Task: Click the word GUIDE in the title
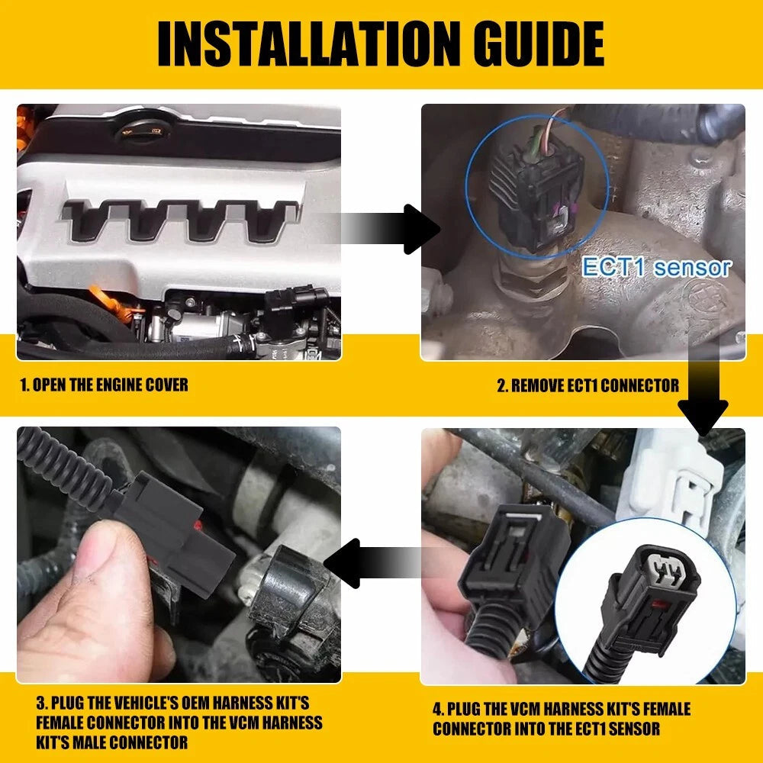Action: pyautogui.click(x=539, y=43)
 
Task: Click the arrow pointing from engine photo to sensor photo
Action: pyautogui.click(x=385, y=229)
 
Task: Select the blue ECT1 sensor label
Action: pyautogui.click(x=656, y=267)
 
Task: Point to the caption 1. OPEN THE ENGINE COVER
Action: pyautogui.click(x=104, y=385)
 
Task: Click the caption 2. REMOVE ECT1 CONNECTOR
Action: pyautogui.click(x=588, y=386)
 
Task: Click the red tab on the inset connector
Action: pyautogui.click(x=660, y=607)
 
